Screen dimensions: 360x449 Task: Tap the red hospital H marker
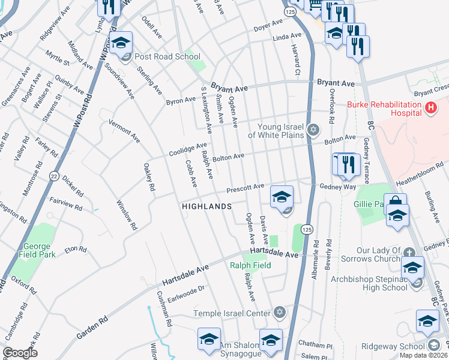pos(430,108)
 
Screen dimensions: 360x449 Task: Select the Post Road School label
pos(168,57)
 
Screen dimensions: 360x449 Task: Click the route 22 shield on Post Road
pos(54,176)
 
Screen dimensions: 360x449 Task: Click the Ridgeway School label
pos(393,346)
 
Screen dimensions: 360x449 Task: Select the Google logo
pos(20,353)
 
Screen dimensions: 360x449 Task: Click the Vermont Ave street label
pos(124,131)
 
